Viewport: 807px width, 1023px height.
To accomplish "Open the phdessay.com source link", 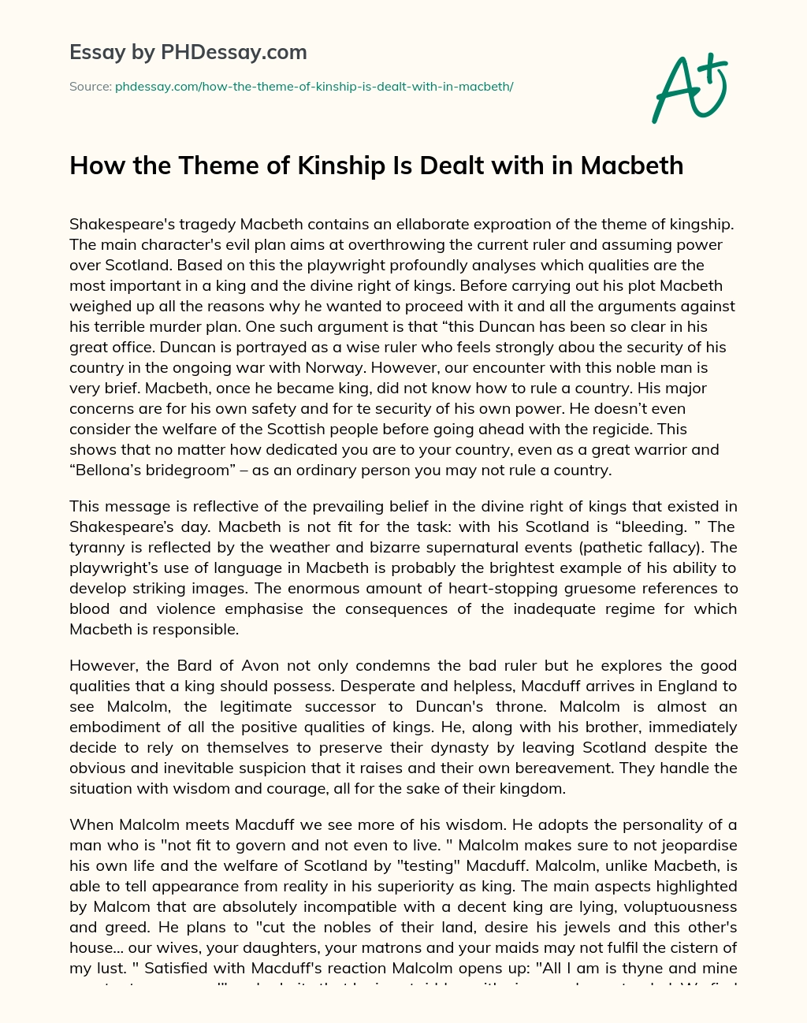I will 314,87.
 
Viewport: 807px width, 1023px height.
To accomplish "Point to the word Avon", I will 258,665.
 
